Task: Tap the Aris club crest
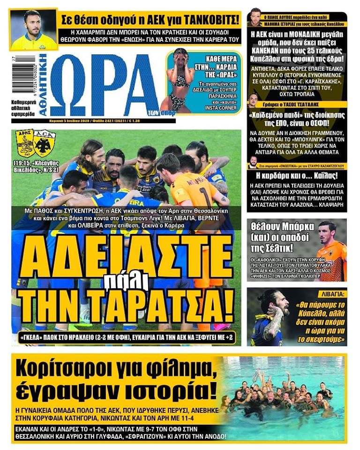(x=25, y=143)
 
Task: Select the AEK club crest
(x=45, y=143)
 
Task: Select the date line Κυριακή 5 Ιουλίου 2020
(x=70, y=121)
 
